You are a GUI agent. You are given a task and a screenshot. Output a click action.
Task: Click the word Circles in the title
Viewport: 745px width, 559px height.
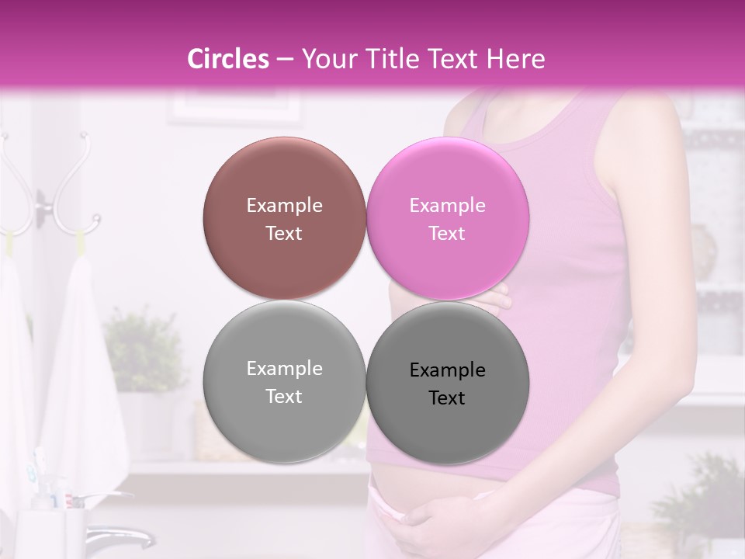(228, 59)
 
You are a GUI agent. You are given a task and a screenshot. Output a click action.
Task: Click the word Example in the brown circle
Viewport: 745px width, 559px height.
(284, 206)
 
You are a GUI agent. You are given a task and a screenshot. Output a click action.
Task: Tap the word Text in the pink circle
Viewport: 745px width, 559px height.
(447, 233)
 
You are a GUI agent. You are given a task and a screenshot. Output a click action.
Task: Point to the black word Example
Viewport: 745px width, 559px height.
(447, 370)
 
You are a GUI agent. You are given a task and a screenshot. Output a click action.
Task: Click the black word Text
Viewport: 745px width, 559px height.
(447, 398)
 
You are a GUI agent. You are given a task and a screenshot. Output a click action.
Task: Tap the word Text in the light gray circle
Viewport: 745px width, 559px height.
(284, 396)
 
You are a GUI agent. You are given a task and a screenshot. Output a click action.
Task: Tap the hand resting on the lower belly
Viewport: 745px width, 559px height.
(435, 528)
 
